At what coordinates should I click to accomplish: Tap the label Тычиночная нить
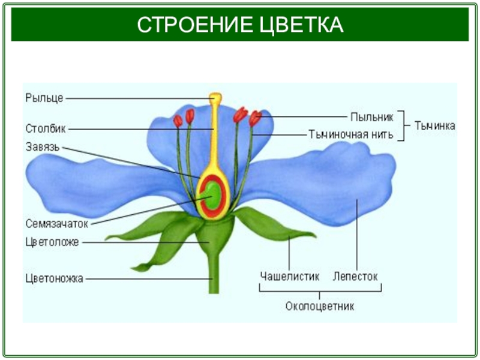[x=351, y=134]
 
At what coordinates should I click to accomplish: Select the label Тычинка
[x=435, y=126]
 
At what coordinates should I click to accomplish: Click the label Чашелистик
[x=290, y=276]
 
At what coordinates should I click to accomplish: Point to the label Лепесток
[x=356, y=276]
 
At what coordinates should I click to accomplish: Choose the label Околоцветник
[x=320, y=306]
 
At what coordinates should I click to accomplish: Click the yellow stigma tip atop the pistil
[x=215, y=97]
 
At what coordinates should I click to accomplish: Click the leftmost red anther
[x=178, y=121]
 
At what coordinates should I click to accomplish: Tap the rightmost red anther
[x=255, y=118]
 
